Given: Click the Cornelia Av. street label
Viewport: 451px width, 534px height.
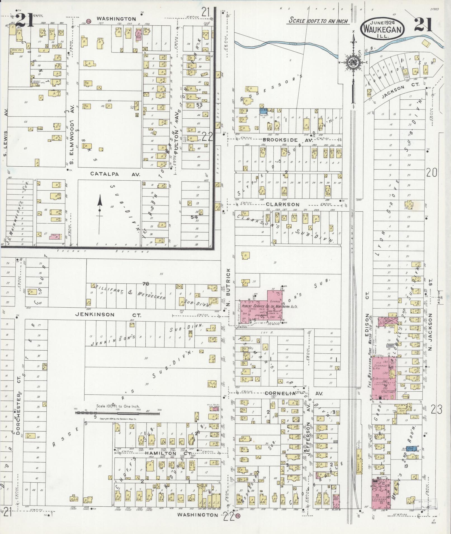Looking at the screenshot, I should [294, 393].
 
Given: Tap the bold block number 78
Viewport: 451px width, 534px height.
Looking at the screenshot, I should [146, 284].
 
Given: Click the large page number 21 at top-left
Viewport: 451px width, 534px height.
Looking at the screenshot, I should [25, 20].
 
